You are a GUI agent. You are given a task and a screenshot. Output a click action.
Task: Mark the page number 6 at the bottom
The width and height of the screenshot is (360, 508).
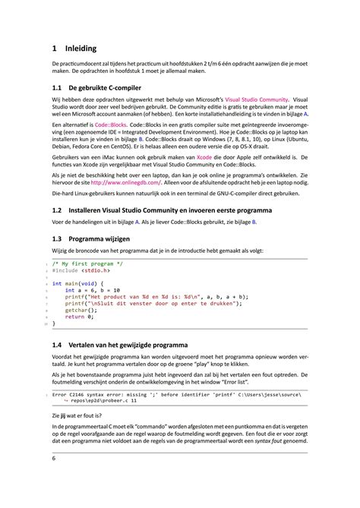click(x=53, y=459)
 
